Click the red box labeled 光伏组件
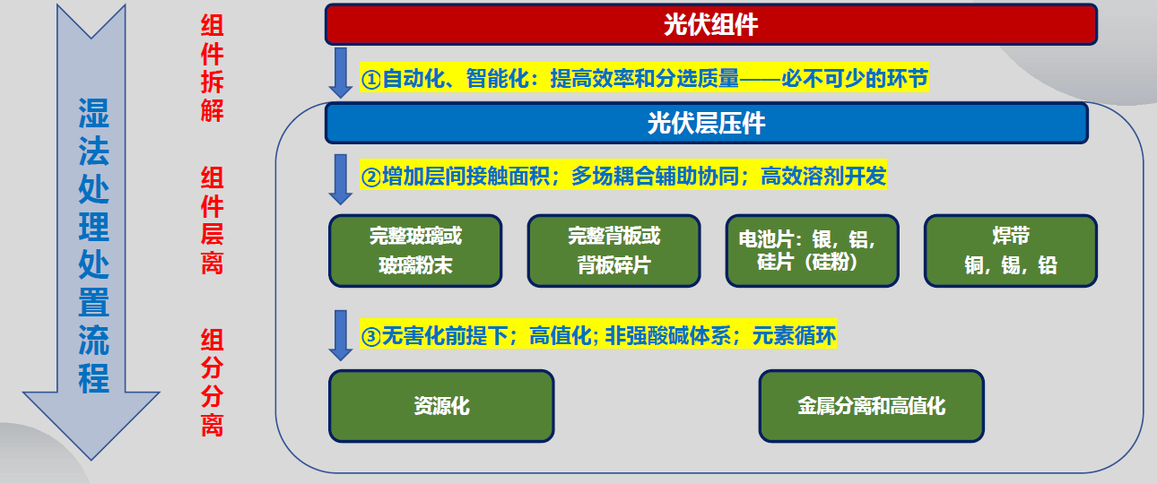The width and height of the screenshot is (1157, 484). point(711,24)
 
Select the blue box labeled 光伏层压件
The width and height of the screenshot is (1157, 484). point(707,124)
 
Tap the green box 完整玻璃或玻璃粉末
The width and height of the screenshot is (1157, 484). point(415,251)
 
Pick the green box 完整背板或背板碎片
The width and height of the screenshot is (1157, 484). point(613,251)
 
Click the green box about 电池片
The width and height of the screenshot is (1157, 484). point(812,251)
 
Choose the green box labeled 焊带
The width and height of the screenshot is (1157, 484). point(1011,251)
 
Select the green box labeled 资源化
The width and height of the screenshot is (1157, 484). point(441,406)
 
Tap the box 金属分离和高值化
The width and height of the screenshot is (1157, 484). point(872,406)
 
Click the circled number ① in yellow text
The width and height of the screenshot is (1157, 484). point(370,80)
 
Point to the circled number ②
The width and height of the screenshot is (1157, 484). point(370,177)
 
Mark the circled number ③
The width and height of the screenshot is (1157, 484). point(370,336)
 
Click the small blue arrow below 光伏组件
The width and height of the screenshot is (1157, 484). point(341,73)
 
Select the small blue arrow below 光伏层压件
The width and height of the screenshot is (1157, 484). point(341,179)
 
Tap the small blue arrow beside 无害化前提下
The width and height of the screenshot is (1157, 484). point(341,335)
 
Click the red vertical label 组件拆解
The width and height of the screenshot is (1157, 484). point(212,68)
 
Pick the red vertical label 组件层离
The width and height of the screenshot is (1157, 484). point(212,220)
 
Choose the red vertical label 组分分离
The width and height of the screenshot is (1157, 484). point(212,383)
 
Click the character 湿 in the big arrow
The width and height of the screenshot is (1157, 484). point(93,113)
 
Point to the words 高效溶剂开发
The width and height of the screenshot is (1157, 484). point(823,177)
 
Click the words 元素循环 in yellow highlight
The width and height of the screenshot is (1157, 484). point(794,336)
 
